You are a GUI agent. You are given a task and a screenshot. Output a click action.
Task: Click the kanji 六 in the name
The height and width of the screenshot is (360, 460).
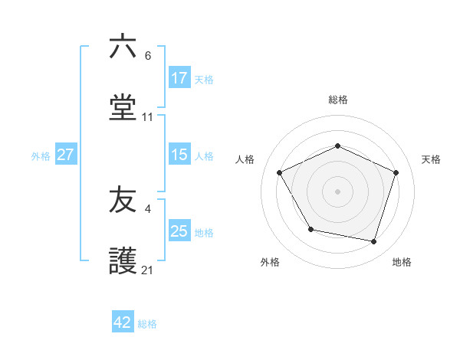point(123,47)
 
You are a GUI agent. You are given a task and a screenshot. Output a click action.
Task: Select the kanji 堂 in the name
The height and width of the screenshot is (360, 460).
point(123,108)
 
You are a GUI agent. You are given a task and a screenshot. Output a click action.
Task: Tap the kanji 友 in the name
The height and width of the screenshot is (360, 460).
point(123,200)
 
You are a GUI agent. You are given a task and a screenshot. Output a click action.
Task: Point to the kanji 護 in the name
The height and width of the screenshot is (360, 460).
point(123,261)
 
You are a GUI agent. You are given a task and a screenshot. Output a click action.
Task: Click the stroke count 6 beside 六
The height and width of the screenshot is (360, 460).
point(148,56)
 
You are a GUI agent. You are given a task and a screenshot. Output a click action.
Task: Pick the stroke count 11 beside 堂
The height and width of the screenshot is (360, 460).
point(148,117)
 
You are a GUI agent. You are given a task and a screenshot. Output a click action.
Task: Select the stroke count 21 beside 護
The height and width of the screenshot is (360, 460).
point(148,270)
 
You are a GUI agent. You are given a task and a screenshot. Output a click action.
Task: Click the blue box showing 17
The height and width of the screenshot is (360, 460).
point(179,78)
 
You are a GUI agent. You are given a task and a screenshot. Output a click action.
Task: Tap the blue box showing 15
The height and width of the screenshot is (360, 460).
point(179,155)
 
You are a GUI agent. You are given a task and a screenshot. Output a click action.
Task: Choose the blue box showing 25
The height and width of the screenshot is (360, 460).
point(179,231)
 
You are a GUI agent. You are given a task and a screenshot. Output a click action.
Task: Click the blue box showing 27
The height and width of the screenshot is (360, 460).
point(65,155)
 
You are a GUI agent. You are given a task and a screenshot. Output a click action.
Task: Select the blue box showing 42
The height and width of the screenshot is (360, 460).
point(123,322)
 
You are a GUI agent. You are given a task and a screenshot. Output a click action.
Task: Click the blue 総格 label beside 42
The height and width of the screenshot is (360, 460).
point(147,324)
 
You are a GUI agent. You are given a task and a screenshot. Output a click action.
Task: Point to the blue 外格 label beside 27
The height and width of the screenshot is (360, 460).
point(41,156)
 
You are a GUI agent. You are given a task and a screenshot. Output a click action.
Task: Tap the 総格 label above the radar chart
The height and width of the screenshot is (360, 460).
point(338,100)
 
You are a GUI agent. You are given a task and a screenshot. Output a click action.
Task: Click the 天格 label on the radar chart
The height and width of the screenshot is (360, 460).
point(432,159)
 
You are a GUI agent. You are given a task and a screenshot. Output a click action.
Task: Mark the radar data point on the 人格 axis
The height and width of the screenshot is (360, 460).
point(280,172)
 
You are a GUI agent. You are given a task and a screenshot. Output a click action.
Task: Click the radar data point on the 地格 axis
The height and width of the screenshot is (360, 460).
point(374,242)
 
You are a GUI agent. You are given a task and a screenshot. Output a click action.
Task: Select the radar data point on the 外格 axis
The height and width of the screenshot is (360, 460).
point(310,229)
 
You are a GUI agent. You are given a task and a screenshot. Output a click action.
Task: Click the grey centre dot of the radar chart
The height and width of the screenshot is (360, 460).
point(338,191)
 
